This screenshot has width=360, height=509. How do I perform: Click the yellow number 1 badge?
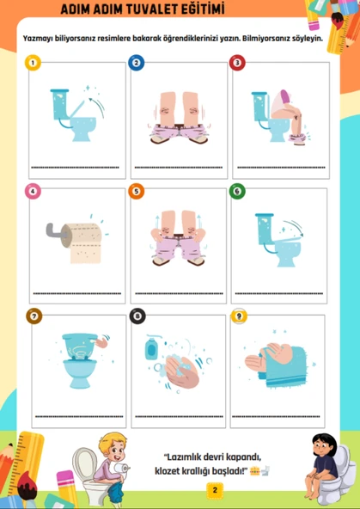(x=33, y=63)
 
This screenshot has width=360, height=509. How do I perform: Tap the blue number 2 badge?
(x=137, y=63)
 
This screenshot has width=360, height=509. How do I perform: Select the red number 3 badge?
(x=237, y=63)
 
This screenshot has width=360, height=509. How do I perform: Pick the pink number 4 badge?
(x=33, y=191)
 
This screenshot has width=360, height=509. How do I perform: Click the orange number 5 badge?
(x=137, y=191)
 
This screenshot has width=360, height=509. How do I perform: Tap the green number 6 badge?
(x=237, y=191)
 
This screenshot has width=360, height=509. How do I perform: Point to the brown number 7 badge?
(x=34, y=316)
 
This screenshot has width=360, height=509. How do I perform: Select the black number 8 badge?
(x=137, y=316)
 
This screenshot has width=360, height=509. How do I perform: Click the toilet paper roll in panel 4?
(x=82, y=242)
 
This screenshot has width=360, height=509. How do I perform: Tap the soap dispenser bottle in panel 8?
(x=151, y=347)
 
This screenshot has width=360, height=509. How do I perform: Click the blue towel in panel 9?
(x=283, y=367)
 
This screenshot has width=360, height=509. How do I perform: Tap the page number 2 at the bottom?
(x=215, y=490)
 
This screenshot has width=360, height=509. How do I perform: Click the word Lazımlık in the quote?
(x=184, y=457)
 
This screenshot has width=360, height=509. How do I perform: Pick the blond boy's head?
(x=112, y=446)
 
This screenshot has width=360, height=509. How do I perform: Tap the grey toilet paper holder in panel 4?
(x=56, y=231)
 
